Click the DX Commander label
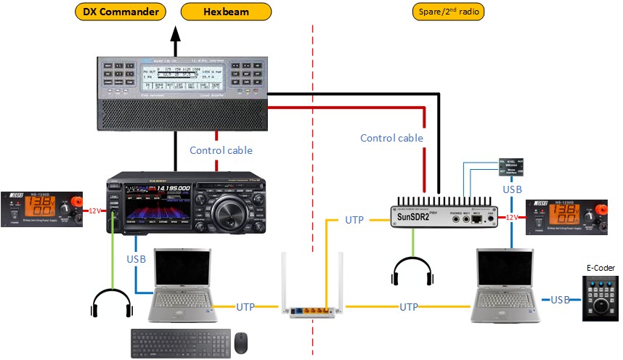pos(121,12)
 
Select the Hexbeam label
pos(226,12)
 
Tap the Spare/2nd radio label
pos(447,12)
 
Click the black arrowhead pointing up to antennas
pos(175,33)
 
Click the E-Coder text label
pos(600,268)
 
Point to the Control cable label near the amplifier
pos(221,150)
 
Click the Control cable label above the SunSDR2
pos(392,138)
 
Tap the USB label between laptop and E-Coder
pos(560,300)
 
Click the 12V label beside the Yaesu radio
pos(93,211)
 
